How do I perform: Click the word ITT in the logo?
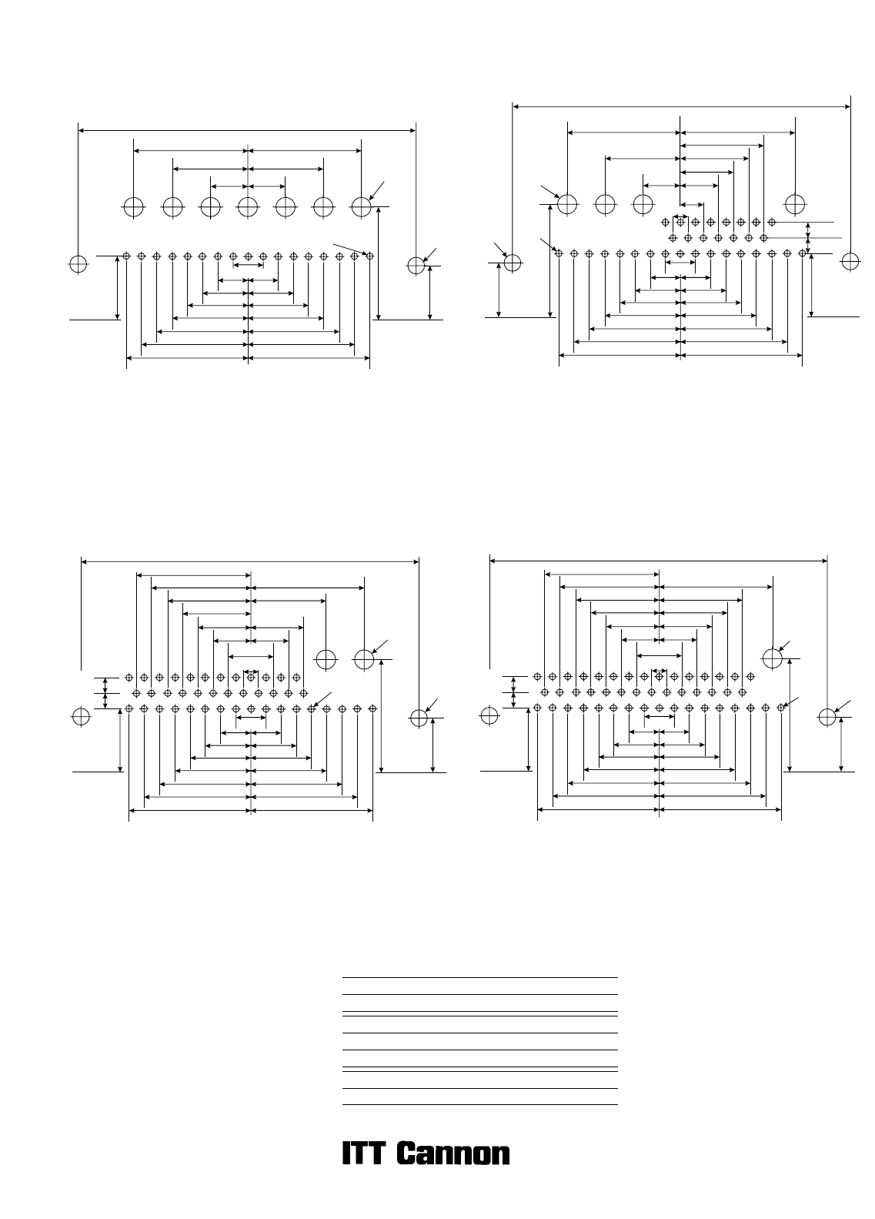tap(364, 1153)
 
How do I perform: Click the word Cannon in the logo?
tap(453, 1153)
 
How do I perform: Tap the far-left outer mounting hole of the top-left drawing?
tap(78, 264)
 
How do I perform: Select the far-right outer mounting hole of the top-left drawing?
tap(416, 266)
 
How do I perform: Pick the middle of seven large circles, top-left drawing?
tap(248, 207)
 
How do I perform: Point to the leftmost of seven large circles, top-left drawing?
tap(134, 207)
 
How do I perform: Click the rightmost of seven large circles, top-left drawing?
tap(362, 207)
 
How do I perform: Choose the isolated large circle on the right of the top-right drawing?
tap(795, 204)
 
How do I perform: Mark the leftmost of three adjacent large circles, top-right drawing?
tap(567, 204)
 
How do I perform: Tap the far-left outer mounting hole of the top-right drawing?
tap(513, 263)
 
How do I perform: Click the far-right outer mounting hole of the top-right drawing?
tap(850, 262)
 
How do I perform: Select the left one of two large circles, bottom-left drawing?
tap(326, 660)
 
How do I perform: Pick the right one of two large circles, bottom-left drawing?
tap(364, 660)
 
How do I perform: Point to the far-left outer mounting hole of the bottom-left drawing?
tap(81, 717)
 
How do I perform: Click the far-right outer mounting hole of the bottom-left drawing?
tap(419, 718)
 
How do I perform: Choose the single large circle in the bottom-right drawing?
tap(772, 658)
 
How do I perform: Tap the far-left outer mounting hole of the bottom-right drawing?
tap(489, 715)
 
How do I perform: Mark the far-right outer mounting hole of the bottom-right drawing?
tap(827, 717)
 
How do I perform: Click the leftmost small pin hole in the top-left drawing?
tap(126, 256)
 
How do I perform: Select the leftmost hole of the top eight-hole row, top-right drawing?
tap(665, 222)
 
